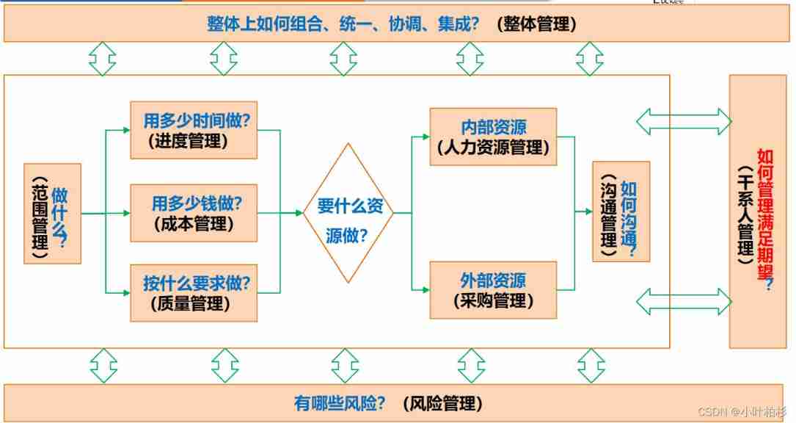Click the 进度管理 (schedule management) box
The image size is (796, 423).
[x=194, y=130]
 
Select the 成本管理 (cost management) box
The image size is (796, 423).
[x=194, y=213]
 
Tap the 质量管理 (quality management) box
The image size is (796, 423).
[x=194, y=292]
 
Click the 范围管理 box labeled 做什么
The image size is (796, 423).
[x=52, y=214]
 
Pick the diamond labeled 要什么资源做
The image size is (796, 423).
[x=348, y=214]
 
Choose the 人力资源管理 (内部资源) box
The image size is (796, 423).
[x=493, y=137]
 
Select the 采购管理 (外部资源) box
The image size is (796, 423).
[x=493, y=290]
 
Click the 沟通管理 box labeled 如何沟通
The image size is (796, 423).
[x=621, y=211]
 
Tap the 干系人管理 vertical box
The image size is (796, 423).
[x=757, y=211]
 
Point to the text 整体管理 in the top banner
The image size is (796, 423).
[x=536, y=24]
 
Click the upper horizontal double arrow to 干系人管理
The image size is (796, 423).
[x=683, y=121]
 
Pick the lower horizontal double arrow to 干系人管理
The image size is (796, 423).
[x=683, y=301]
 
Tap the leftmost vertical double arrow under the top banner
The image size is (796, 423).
[x=103, y=59]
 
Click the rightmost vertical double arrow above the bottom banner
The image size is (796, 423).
[x=590, y=366]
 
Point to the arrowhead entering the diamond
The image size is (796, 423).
[x=299, y=213]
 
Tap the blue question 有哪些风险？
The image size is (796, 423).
[x=339, y=403]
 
